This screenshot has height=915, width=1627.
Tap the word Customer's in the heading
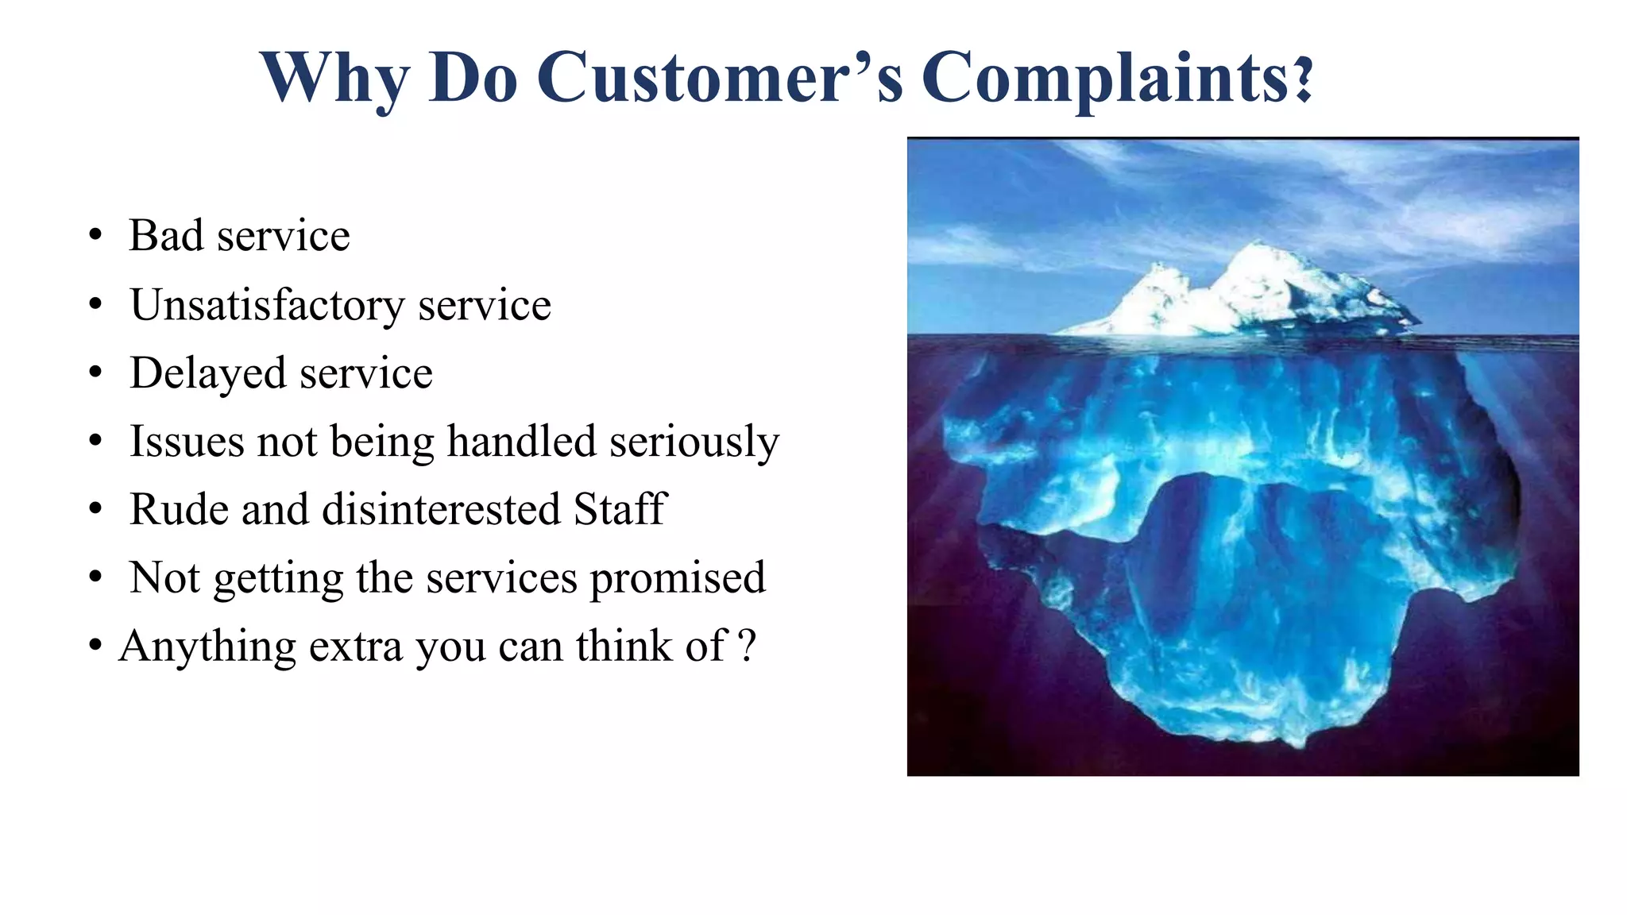(x=720, y=78)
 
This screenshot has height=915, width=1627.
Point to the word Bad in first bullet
(x=166, y=235)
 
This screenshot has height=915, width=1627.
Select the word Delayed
(x=207, y=373)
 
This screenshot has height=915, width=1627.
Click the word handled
(x=521, y=441)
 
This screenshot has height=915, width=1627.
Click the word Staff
(x=620, y=509)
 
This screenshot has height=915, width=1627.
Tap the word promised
(x=678, y=579)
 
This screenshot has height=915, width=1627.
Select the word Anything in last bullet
(x=207, y=647)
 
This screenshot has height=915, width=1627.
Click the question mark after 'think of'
(x=747, y=646)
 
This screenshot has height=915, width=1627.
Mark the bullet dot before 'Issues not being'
(x=96, y=441)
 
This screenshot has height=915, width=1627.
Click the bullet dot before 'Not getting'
(x=96, y=577)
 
